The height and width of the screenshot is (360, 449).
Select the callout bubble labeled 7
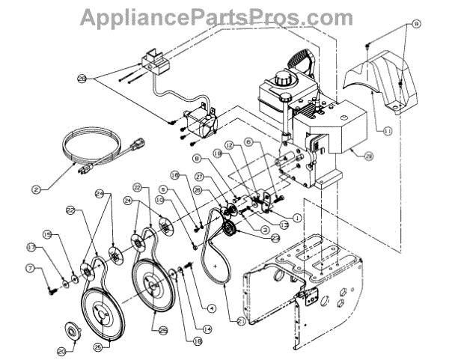point(50,268)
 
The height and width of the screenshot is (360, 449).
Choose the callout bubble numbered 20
point(61,350)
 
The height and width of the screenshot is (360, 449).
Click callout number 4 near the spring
point(213,307)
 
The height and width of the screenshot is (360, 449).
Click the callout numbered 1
point(297,218)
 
